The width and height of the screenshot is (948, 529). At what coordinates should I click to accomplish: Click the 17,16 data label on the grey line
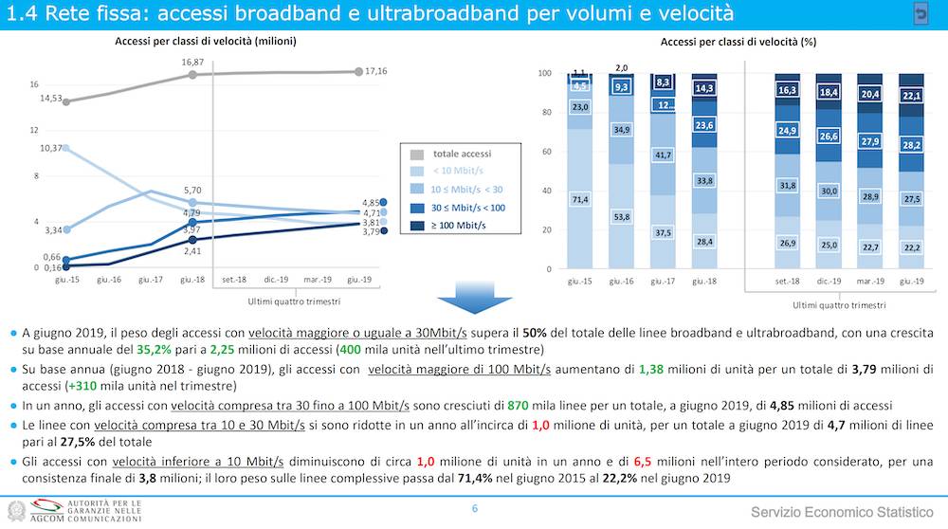tap(376, 71)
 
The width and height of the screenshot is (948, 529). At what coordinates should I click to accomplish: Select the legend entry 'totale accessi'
tap(462, 153)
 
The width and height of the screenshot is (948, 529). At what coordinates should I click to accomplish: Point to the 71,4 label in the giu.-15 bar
tap(580, 199)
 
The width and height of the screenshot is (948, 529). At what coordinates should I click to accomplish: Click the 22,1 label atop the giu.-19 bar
tap(911, 96)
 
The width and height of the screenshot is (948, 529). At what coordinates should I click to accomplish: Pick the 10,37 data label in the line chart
tap(51, 148)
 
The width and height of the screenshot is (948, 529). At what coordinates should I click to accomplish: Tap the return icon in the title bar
tap(921, 13)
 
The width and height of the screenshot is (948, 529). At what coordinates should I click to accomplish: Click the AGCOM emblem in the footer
tap(18, 510)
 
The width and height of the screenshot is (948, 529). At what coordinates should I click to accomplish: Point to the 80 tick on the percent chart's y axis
tap(545, 113)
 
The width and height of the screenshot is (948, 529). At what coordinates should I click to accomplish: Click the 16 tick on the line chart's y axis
tap(34, 85)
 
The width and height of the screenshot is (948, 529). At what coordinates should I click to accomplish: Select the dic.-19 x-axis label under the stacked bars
tap(829, 282)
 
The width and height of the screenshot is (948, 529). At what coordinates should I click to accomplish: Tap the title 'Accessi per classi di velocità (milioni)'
tap(206, 42)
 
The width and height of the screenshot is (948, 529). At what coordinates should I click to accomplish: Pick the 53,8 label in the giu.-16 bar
tap(621, 217)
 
